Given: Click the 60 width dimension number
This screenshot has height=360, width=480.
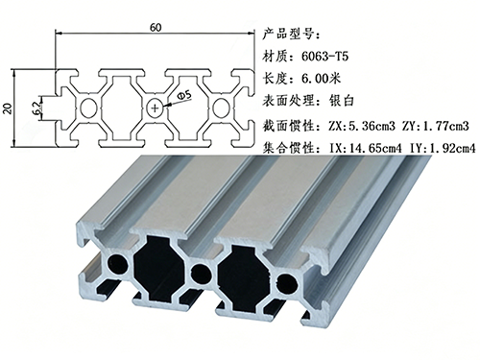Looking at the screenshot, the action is click(x=156, y=28).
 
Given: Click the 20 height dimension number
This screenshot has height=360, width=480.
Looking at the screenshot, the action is click(x=8, y=108).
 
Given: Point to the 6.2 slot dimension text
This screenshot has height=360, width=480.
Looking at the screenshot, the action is click(x=36, y=108).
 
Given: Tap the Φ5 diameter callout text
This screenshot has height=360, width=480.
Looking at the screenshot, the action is click(x=184, y=96).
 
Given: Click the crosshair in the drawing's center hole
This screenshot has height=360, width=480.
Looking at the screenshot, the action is click(x=156, y=108).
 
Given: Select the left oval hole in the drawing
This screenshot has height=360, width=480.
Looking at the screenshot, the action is click(x=89, y=108).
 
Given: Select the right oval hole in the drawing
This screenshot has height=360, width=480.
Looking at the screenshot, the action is click(x=221, y=108).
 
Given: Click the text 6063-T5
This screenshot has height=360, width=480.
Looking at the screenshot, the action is click(x=324, y=57).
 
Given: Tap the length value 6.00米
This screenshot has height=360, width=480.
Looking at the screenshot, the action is click(x=322, y=79).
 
